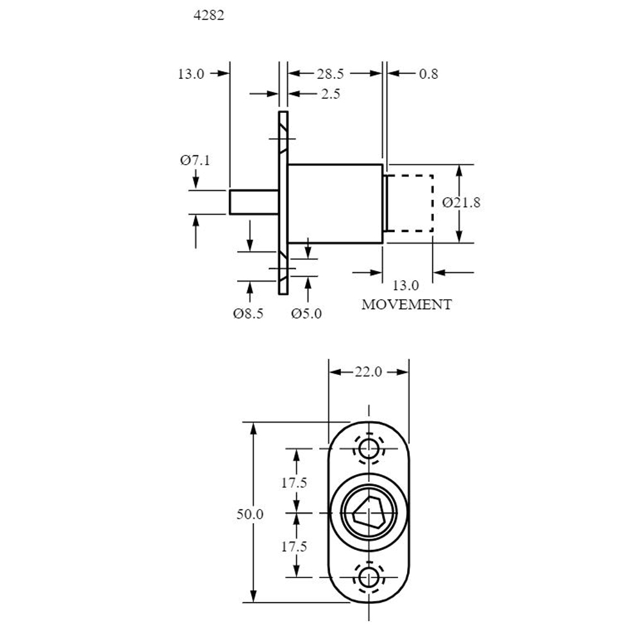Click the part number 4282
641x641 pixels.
pos(209,15)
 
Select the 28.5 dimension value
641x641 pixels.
pos(330,74)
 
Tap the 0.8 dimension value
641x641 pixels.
pos(428,74)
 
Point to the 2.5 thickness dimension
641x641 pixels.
pos(330,94)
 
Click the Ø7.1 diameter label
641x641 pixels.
pos(195,160)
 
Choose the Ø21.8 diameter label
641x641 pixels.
pos(461,203)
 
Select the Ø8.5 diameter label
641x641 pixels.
pos(248,313)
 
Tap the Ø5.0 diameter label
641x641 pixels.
pos(306,313)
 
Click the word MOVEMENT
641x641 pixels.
pos(406,304)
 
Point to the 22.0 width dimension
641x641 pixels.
pos(368,372)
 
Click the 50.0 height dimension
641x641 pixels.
pos(250,514)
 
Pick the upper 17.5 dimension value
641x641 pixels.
pos(294,483)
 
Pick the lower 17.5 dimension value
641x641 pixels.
pos(294,547)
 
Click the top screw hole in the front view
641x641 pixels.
pos(369,449)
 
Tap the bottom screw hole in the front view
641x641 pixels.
pos(369,578)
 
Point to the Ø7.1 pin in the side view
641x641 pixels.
pos(254,202)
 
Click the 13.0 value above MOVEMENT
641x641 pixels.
pos(406,285)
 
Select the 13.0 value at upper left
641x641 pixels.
pos(191,74)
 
